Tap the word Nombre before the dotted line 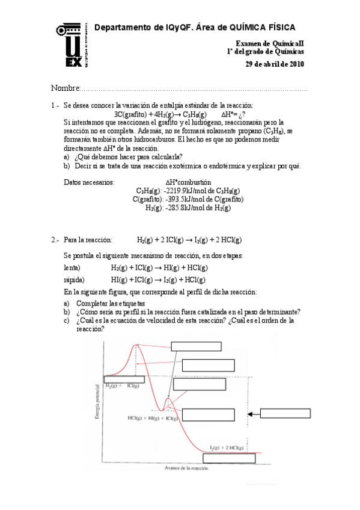66,89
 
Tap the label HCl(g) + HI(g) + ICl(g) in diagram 152,417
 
